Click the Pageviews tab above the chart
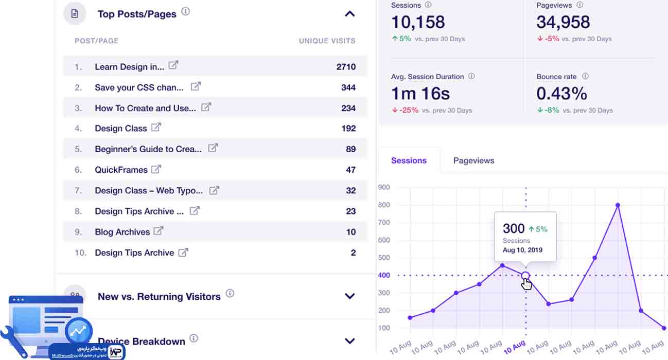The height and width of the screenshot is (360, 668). [x=473, y=160]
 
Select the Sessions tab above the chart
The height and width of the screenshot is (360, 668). [x=409, y=160]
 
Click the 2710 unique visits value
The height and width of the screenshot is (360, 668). [x=346, y=67]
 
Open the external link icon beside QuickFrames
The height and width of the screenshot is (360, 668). [x=156, y=169]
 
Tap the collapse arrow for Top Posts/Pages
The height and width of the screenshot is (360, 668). [x=350, y=14]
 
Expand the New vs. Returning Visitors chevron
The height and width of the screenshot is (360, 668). [x=350, y=296]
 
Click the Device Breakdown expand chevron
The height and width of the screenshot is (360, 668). [x=350, y=341]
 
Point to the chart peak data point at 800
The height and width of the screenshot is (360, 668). [x=618, y=205]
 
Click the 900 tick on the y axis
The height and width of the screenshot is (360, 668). [x=383, y=187]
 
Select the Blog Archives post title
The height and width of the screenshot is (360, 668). [x=122, y=232]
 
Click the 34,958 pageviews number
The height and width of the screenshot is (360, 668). [x=563, y=22]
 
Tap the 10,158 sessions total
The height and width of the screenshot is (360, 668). [x=418, y=22]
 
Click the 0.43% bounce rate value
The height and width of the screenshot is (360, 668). [x=561, y=94]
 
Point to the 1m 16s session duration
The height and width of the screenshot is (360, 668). [x=420, y=94]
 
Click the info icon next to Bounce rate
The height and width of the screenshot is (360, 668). [x=585, y=76]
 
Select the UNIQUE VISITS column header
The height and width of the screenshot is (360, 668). [x=327, y=41]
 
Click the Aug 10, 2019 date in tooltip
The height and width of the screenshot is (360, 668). [x=522, y=250]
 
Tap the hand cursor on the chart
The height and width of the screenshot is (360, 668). [x=526, y=283]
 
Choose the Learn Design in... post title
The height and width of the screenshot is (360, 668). [x=129, y=67]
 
